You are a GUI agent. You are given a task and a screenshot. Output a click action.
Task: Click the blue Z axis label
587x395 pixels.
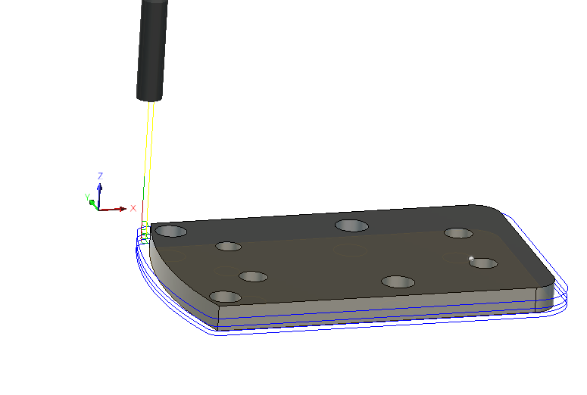pos(100,176)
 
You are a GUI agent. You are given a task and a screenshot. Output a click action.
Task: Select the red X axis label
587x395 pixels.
pos(133,208)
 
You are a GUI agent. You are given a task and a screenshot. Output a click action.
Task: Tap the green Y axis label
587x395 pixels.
pos(87,197)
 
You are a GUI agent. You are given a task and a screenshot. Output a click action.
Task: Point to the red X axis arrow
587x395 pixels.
pos(117,208)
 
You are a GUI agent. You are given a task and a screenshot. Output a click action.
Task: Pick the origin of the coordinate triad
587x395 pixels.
pos(99,208)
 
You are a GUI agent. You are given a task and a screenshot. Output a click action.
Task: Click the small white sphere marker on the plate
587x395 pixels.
pos(471,259)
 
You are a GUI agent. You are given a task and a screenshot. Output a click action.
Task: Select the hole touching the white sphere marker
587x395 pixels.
pos(483,263)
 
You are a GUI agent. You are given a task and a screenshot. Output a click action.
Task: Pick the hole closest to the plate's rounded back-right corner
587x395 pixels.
pos(458,233)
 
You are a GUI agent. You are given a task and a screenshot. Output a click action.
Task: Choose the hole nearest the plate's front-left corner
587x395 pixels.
pos(225,297)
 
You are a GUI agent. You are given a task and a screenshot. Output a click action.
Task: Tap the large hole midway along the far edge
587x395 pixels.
pos(351,225)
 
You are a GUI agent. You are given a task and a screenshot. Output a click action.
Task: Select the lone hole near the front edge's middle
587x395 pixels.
pos(398,282)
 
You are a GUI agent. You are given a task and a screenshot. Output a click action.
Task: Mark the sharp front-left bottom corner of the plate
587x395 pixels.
pos(218,330)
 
